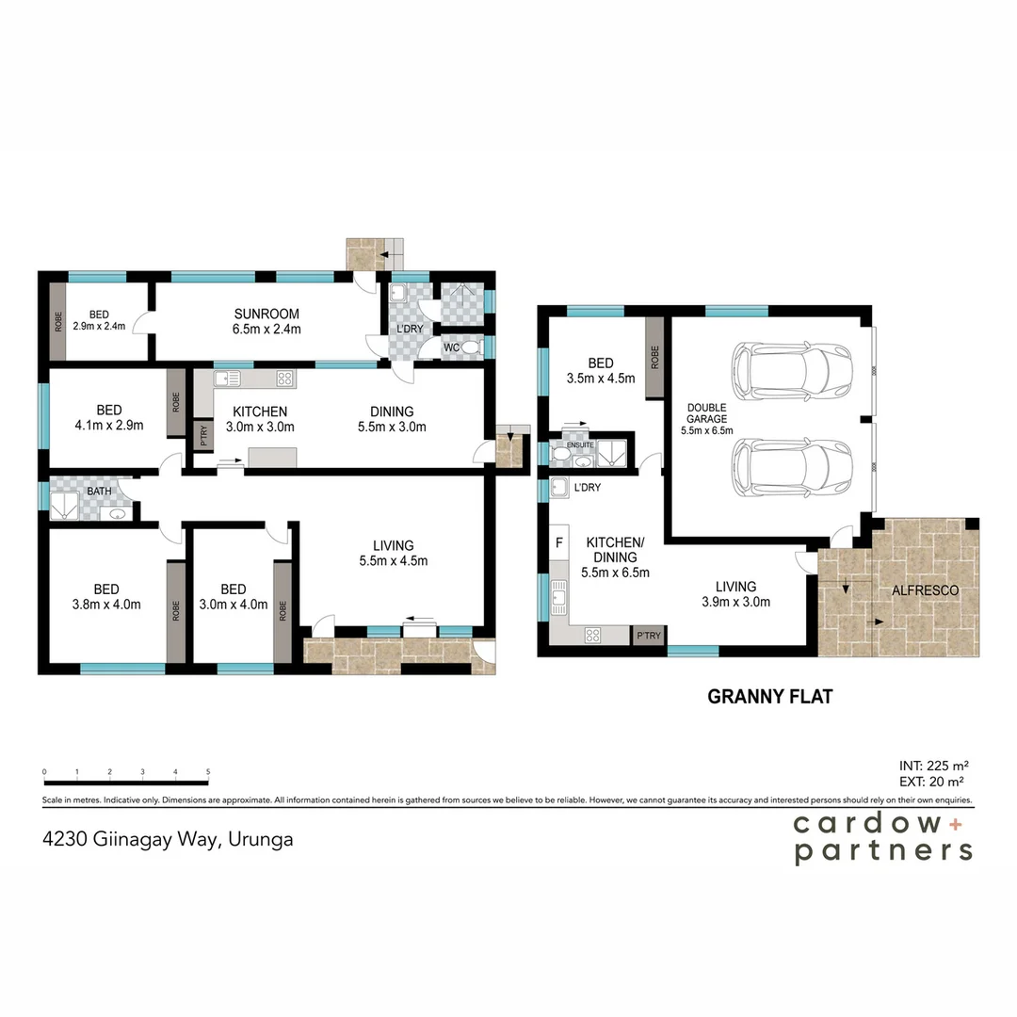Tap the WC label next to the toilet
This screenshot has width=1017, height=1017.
[x=452, y=348]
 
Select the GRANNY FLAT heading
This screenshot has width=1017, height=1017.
[x=769, y=698]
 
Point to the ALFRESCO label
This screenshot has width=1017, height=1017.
[x=926, y=590]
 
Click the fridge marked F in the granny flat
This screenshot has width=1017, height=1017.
[x=559, y=543]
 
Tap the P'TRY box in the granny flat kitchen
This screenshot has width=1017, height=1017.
[x=648, y=636]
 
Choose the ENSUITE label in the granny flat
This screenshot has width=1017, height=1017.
[x=579, y=444]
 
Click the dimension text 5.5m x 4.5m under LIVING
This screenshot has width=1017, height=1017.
[x=393, y=561]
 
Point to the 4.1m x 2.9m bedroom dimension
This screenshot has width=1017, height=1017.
[x=108, y=426]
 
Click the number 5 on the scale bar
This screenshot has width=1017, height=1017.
[x=207, y=772]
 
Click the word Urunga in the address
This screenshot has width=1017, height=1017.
[x=260, y=839]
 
